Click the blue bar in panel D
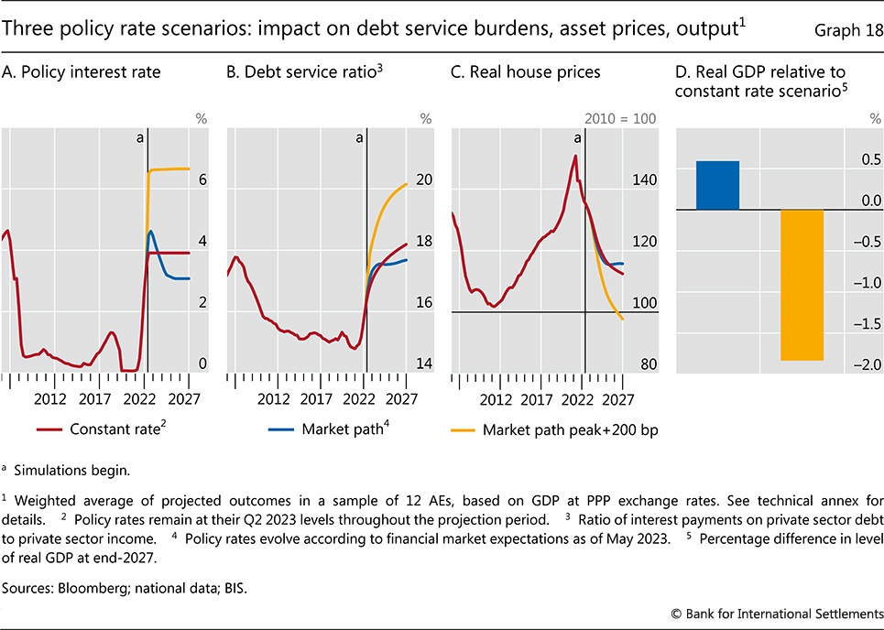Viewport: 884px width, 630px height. (x=717, y=185)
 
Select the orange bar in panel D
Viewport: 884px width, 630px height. (x=802, y=285)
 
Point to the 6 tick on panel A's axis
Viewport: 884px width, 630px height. (x=203, y=180)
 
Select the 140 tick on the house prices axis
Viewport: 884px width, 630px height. (x=645, y=180)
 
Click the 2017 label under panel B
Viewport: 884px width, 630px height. (x=317, y=399)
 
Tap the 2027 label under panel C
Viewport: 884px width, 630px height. (x=620, y=399)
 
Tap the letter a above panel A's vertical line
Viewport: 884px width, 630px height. (x=140, y=137)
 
